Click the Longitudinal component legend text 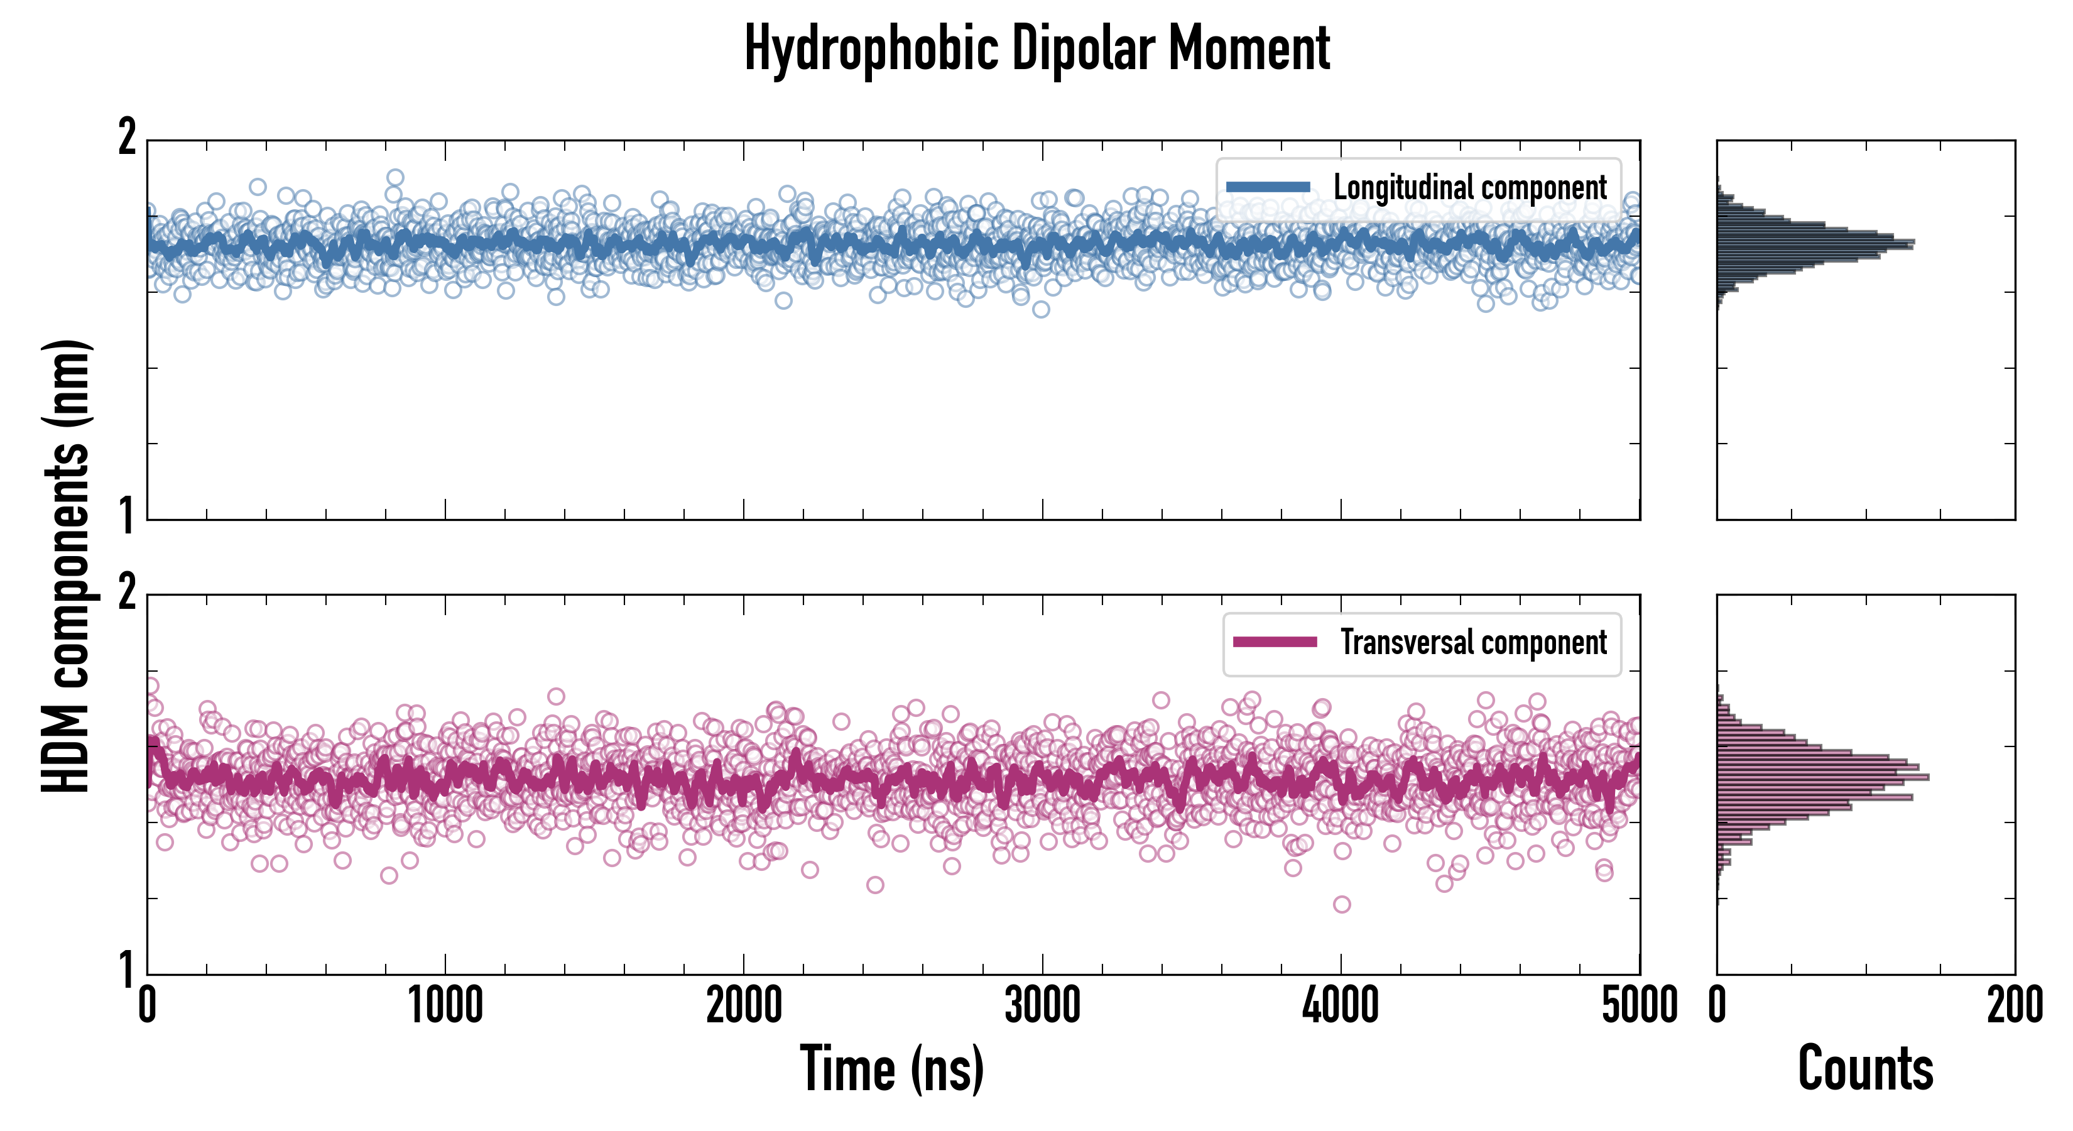1469,188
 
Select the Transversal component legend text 1474,642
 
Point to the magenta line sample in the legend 1275,642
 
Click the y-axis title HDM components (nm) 66,566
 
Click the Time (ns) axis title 891,1068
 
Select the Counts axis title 1865,1068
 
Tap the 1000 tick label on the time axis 445,1006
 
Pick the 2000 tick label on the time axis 744,1006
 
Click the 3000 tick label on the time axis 1042,1006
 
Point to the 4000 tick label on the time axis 1341,1006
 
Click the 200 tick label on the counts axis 2014,1006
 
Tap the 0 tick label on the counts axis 1717,1006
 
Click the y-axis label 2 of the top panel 127,138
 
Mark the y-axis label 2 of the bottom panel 127,593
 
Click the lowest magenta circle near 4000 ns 1342,904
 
